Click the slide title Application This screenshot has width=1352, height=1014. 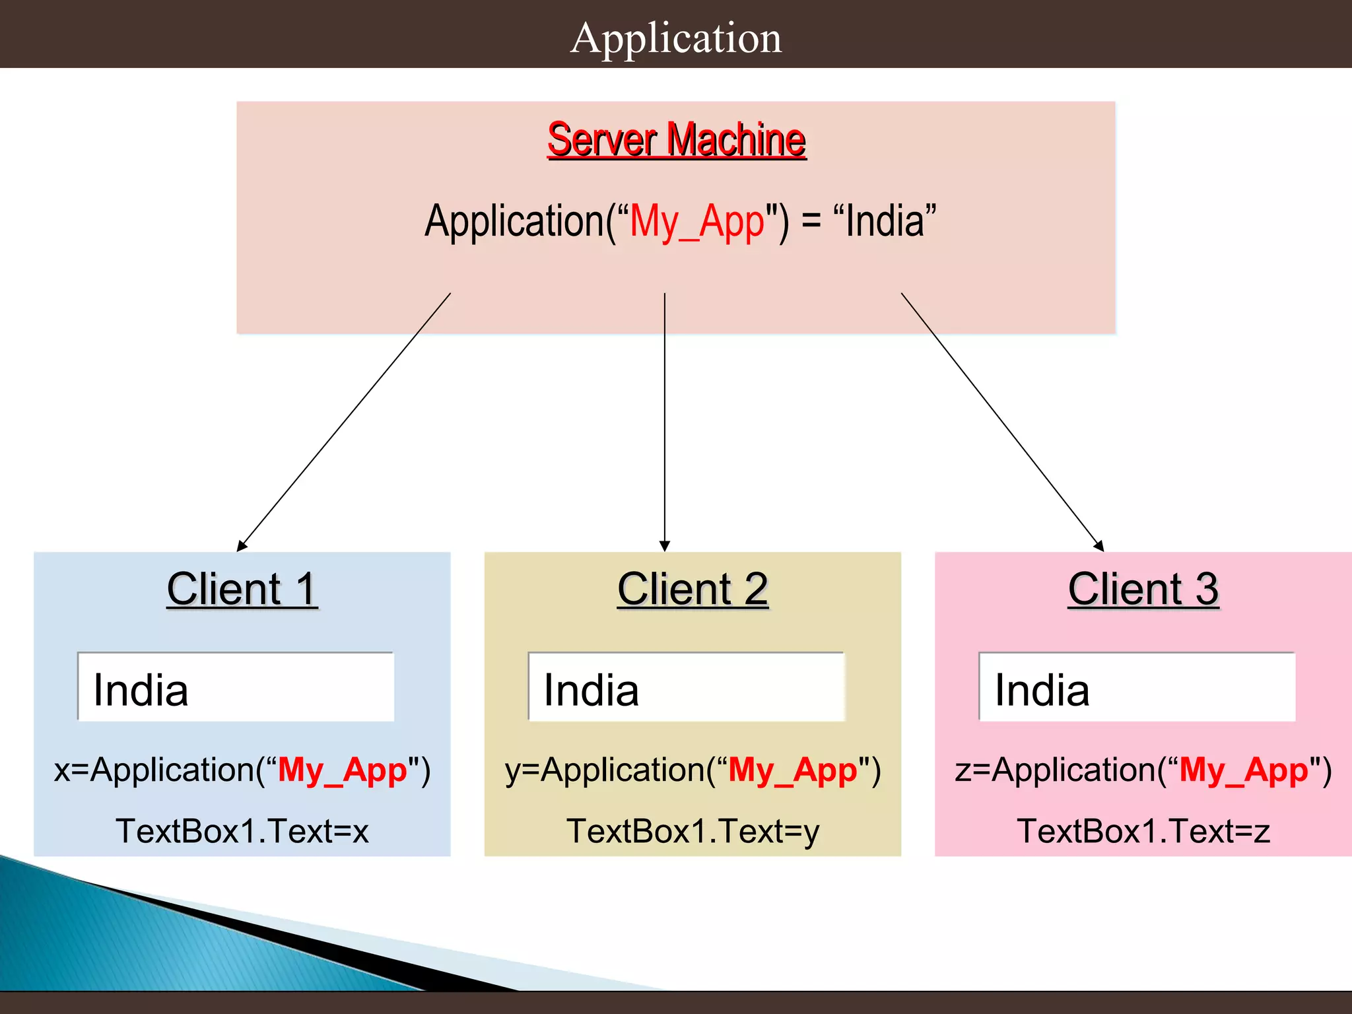coord(676,38)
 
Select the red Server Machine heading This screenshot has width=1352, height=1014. coord(676,140)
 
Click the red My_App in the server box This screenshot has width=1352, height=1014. coord(696,222)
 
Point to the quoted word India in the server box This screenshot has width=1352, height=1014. coord(885,221)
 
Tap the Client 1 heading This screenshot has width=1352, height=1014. coord(242,589)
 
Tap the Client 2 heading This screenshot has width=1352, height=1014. coord(693,589)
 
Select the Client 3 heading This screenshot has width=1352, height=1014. coord(1143,589)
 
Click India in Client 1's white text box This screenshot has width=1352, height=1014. coord(141,691)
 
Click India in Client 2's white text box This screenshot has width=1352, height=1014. coord(591,691)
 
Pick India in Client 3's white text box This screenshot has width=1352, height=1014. coord(1042,691)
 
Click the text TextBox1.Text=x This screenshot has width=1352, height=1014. coord(242,831)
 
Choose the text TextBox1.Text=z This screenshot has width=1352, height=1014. coord(1143,831)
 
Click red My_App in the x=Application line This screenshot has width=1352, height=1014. coord(342,770)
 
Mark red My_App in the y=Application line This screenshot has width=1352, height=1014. coord(792,770)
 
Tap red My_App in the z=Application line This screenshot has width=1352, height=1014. coord(1244,770)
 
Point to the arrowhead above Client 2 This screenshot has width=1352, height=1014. coord(665,547)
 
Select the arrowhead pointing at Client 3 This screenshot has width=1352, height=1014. coord(1098,546)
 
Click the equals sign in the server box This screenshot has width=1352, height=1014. coord(811,222)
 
